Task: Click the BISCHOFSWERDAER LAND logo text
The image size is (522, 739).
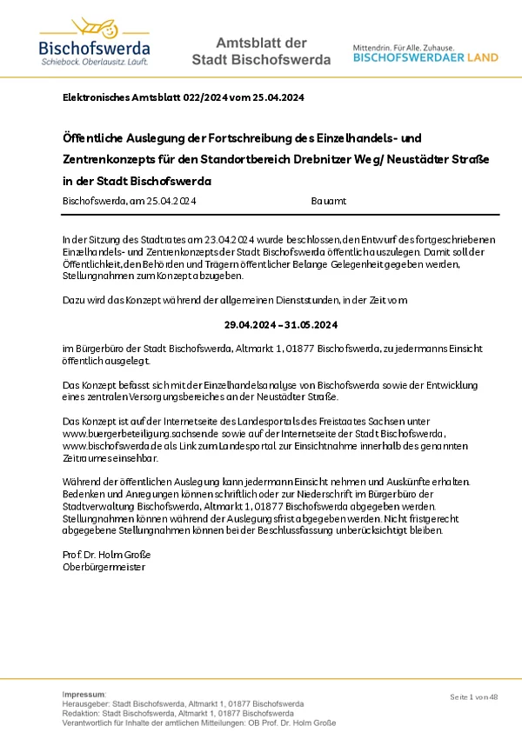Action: tap(425, 57)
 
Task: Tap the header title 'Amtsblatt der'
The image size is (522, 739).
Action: tap(260, 43)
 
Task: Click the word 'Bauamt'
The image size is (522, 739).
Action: tap(328, 201)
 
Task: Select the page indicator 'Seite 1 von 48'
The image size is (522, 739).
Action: tap(473, 697)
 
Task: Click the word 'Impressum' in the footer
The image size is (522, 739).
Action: tap(84, 695)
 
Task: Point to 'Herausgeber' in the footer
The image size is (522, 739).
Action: tap(86, 704)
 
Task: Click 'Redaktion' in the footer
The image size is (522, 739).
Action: tap(83, 714)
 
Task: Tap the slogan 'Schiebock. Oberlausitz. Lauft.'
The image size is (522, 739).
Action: tap(94, 63)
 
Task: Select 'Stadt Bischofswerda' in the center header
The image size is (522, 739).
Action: tap(260, 61)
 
